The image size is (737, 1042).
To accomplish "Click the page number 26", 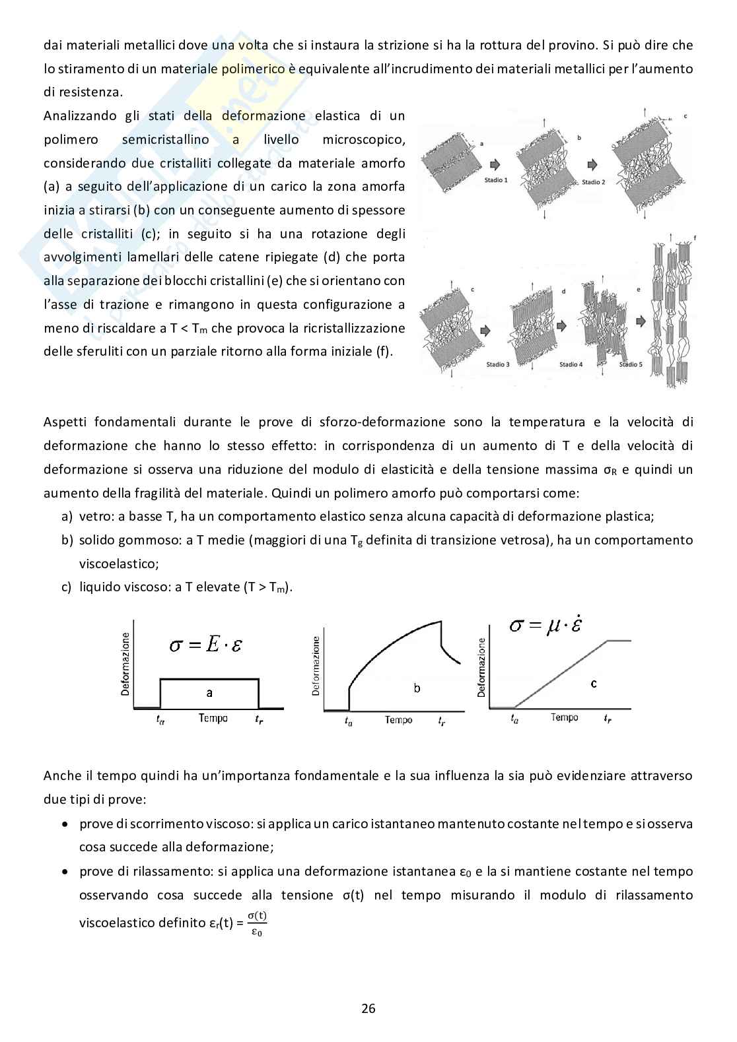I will coord(368,1008).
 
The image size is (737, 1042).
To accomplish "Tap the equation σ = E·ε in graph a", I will coord(205,644).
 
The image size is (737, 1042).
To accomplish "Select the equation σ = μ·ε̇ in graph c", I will coord(545,625).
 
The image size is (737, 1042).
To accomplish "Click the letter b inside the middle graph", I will coord(417,688).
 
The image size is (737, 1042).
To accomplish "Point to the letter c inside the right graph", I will coord(594,684).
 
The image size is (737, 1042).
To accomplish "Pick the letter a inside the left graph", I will coord(209,692).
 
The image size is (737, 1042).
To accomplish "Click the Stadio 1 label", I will coord(497,180).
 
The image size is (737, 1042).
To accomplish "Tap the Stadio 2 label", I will coord(593,182).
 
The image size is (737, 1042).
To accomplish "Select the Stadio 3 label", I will coord(498,364).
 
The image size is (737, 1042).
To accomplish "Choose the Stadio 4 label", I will coord(571,364).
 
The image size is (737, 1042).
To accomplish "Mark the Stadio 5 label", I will coord(631,364).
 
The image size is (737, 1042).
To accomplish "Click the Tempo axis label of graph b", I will coord(399,720).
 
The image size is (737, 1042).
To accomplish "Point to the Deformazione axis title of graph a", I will coord(125,664).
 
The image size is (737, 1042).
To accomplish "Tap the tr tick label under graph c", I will coord(608,719).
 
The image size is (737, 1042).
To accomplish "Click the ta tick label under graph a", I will coord(160,720).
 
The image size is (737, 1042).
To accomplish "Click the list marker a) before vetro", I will coord(67,516).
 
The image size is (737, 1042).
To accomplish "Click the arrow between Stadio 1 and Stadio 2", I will coord(495,164).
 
